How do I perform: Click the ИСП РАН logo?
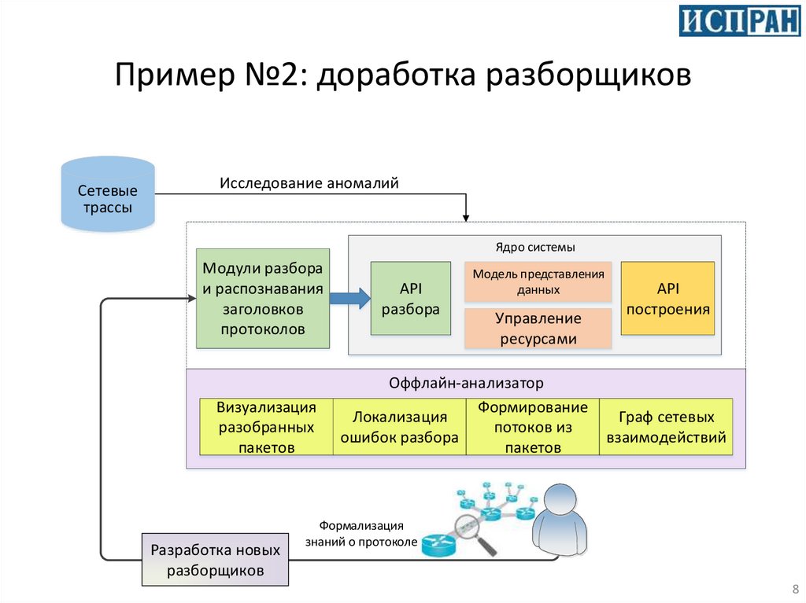[739, 21]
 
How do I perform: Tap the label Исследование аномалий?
[309, 183]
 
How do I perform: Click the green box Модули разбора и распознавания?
[263, 298]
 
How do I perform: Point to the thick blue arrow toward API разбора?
[349, 298]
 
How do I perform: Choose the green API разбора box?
[410, 298]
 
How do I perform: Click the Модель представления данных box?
[538, 281]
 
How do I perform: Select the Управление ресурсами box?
[538, 329]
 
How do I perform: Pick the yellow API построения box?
[667, 298]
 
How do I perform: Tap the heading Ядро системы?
[535, 247]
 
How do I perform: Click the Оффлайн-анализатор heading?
[466, 384]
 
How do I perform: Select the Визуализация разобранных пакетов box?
[266, 427]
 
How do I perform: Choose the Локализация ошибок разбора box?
[399, 427]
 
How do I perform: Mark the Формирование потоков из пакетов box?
[532, 427]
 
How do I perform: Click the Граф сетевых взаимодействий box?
[666, 427]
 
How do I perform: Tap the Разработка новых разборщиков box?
[215, 560]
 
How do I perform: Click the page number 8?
[793, 590]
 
